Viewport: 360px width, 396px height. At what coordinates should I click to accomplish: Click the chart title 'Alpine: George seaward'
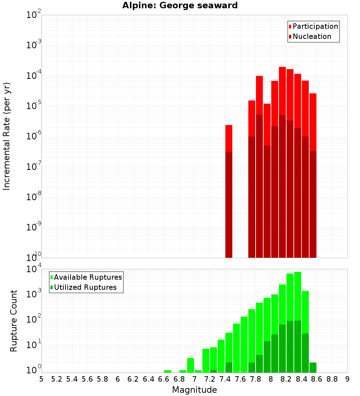(x=180, y=5)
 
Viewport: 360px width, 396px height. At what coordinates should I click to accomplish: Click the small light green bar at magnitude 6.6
(x=167, y=371)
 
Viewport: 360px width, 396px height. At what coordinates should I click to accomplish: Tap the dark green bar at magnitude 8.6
(x=313, y=368)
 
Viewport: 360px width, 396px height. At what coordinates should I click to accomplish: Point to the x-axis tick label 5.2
(x=57, y=379)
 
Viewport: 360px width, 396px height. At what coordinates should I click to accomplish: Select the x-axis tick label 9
(x=347, y=379)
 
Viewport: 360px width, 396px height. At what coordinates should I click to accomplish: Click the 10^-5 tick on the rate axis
(x=34, y=106)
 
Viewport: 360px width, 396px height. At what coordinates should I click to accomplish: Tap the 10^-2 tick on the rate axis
(x=34, y=15)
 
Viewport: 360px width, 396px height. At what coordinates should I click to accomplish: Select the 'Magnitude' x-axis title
(x=194, y=390)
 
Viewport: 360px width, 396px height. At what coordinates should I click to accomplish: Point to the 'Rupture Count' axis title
(x=14, y=320)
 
